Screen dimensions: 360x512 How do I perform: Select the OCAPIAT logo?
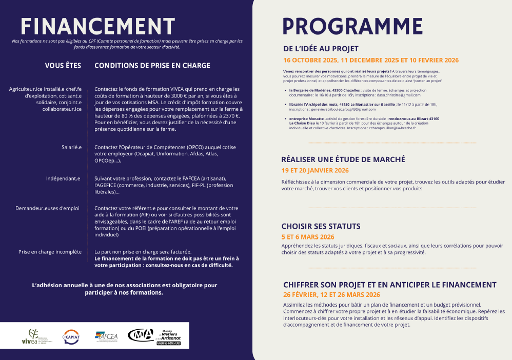click(71, 336)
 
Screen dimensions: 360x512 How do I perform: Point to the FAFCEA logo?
click(106, 336)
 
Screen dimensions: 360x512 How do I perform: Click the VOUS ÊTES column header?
click(63, 66)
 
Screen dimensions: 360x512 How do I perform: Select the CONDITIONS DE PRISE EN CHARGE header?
click(152, 66)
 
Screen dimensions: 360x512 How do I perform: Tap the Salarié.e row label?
click(71, 147)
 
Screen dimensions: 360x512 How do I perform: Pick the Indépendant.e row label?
click(64, 178)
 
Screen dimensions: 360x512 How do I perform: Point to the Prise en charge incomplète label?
click(50, 252)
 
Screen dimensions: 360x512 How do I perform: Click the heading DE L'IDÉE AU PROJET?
click(321, 49)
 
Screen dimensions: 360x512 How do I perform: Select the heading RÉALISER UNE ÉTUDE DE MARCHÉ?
click(343, 159)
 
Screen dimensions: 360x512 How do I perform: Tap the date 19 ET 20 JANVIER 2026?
click(315, 170)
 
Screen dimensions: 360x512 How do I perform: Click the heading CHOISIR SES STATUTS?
click(321, 226)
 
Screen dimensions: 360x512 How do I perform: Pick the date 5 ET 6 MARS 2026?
click(308, 237)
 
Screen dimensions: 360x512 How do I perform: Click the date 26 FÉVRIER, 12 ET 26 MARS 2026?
click(331, 294)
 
